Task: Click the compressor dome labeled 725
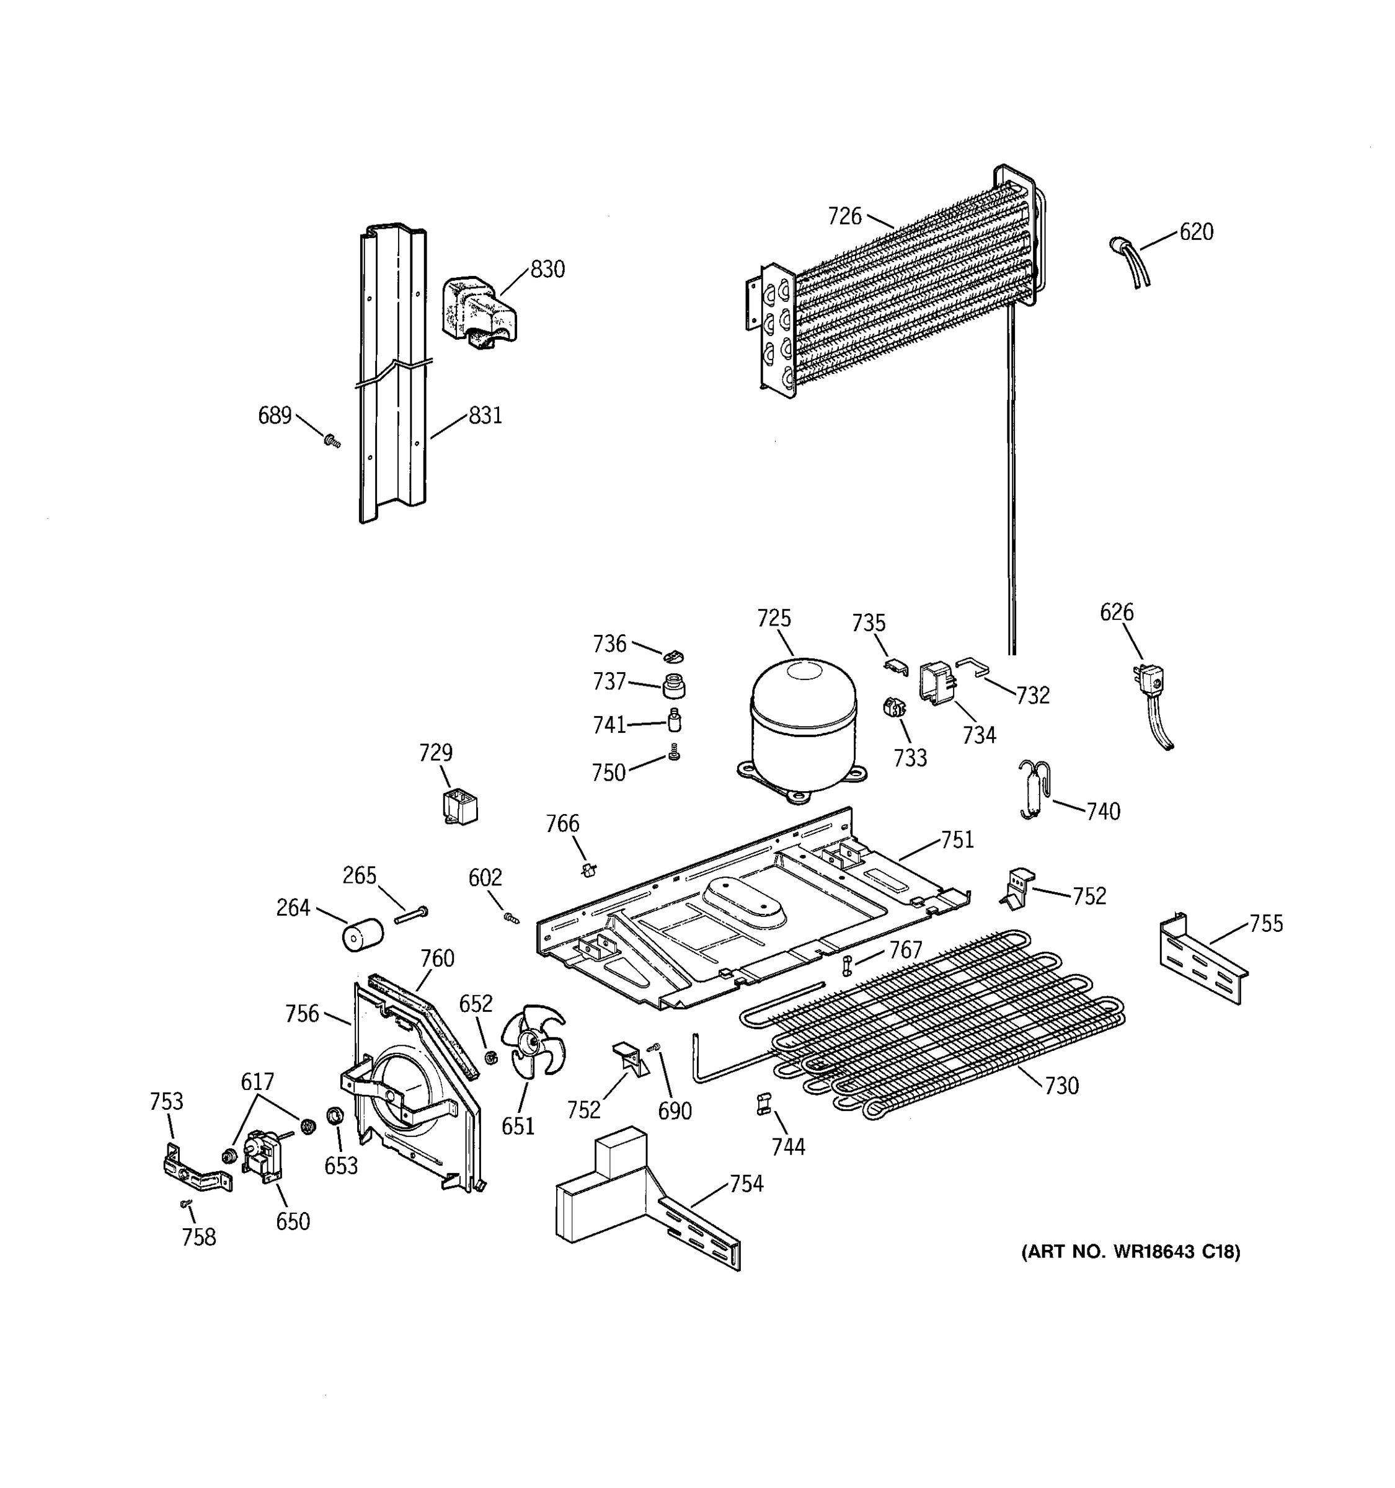point(802,722)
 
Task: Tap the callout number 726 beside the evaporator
point(844,216)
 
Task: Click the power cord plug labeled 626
point(1151,681)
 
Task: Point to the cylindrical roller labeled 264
point(362,936)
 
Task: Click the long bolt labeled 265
point(411,914)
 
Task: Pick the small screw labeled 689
point(332,441)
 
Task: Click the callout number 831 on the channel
point(485,415)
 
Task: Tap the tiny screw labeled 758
point(185,1203)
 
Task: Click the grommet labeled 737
point(673,685)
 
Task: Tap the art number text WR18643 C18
point(1130,1252)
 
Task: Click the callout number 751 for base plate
point(957,841)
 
